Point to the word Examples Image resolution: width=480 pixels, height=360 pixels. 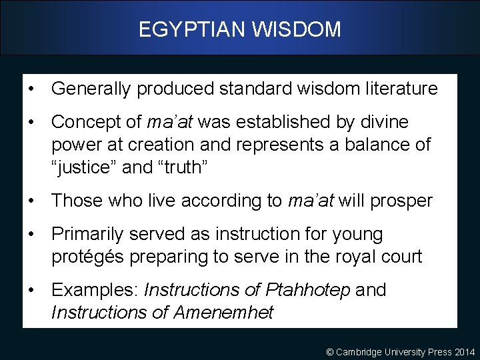click(x=95, y=290)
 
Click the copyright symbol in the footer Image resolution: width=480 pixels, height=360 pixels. click(x=331, y=351)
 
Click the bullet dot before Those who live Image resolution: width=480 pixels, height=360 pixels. click(x=32, y=201)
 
